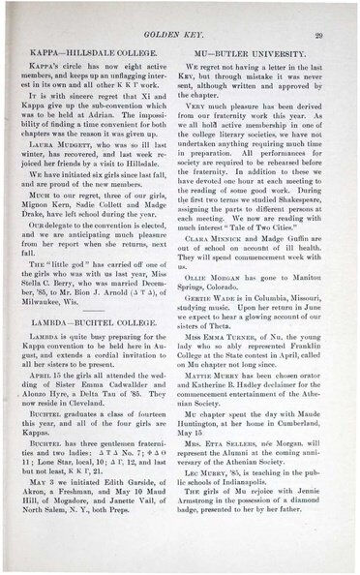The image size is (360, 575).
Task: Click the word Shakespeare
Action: (x=290, y=204)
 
